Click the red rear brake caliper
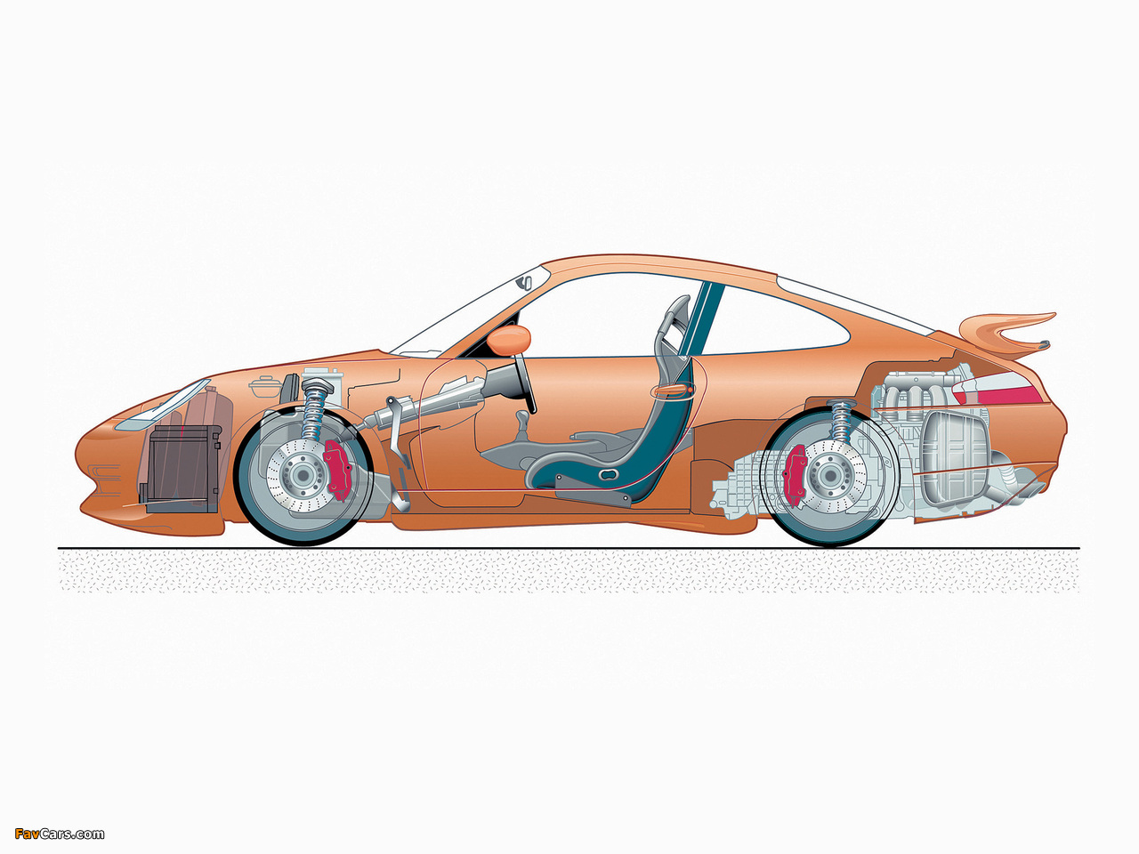(794, 474)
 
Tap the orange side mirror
(508, 339)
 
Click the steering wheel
(524, 383)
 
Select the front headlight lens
(158, 406)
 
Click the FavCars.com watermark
(59, 834)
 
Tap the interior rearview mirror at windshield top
(525, 283)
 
